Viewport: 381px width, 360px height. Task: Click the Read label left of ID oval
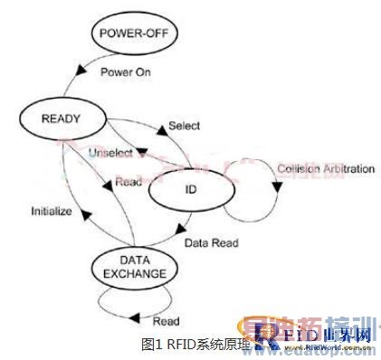[126, 184]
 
